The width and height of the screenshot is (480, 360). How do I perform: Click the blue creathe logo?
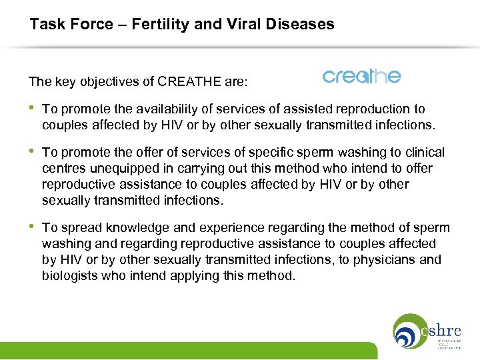(361, 76)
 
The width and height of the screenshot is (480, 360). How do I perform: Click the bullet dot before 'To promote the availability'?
(32, 109)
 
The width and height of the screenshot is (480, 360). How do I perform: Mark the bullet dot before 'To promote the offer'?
(32, 153)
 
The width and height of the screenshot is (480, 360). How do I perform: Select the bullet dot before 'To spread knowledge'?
(32, 228)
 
